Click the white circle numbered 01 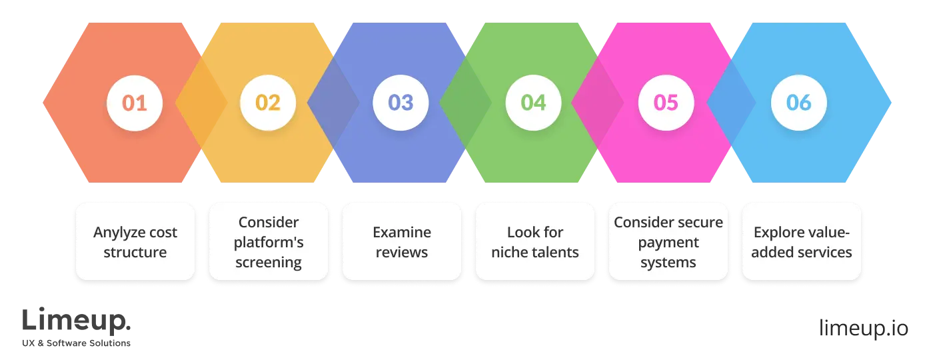[x=135, y=103]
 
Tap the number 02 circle [x=268, y=103]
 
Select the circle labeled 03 [x=401, y=103]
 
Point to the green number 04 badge [x=533, y=103]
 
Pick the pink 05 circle [x=666, y=103]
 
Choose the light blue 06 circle [x=799, y=103]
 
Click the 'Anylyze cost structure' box [x=135, y=241]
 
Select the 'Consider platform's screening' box [x=269, y=241]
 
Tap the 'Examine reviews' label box [x=402, y=241]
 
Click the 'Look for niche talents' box [x=534, y=241]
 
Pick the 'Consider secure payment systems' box [x=668, y=241]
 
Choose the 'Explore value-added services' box [x=801, y=241]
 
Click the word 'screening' [x=269, y=262]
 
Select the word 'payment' [x=668, y=242]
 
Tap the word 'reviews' [x=402, y=252]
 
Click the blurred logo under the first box [x=77, y=325]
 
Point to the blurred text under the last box [x=862, y=325]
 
